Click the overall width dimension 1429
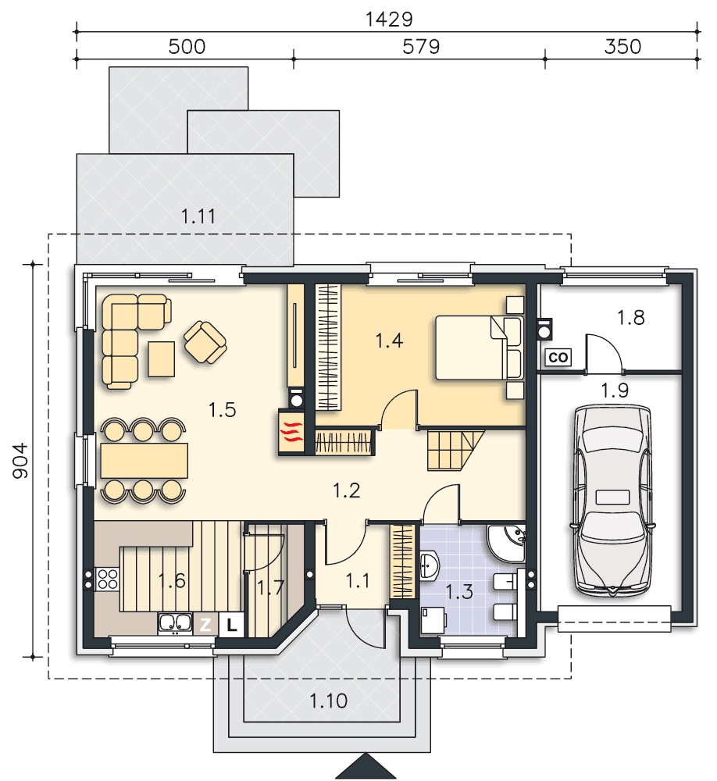point(389,20)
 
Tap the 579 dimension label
point(421,47)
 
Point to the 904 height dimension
point(20,461)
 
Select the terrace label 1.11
point(198,216)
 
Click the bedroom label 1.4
point(389,341)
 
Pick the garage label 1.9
point(615,390)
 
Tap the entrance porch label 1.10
point(328,701)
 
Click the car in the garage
point(613,501)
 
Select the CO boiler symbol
point(558,357)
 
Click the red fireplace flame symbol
point(291,432)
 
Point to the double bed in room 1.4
point(480,348)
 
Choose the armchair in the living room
point(205,342)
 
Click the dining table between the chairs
point(144,460)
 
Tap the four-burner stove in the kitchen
point(107,580)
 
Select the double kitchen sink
point(175,623)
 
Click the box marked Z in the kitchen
point(205,625)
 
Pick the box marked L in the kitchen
point(231,625)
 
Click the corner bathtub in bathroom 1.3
point(506,543)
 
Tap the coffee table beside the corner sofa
point(162,358)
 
